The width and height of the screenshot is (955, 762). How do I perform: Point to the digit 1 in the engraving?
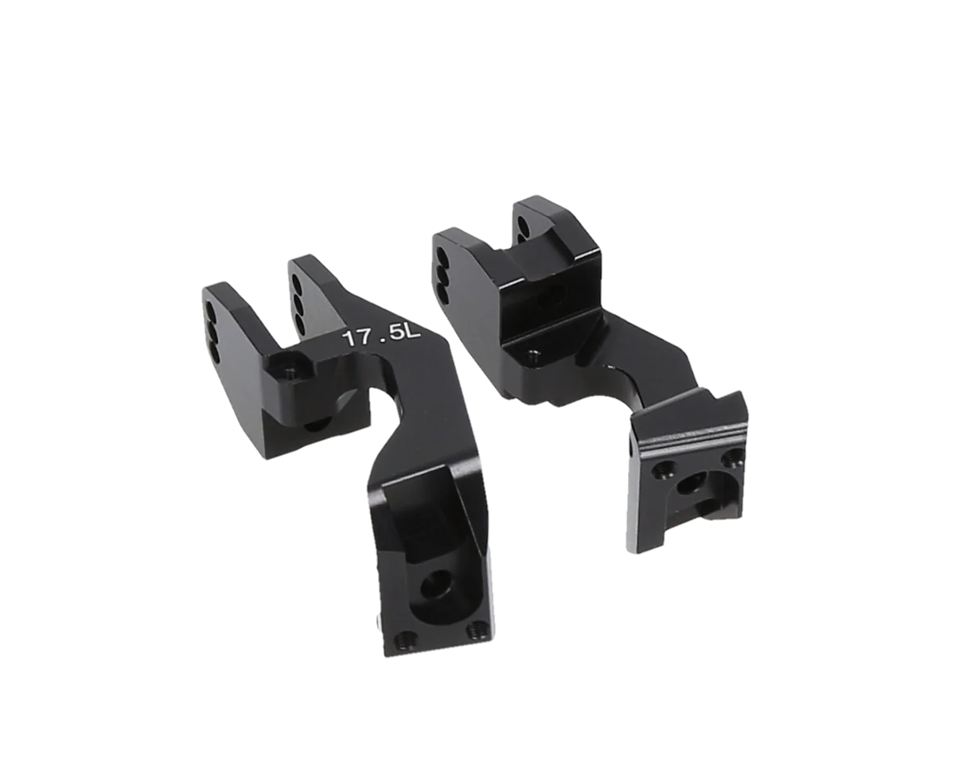point(347,340)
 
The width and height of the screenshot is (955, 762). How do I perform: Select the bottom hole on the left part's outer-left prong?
point(214,354)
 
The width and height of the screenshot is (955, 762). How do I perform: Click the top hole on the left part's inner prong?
point(294,284)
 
